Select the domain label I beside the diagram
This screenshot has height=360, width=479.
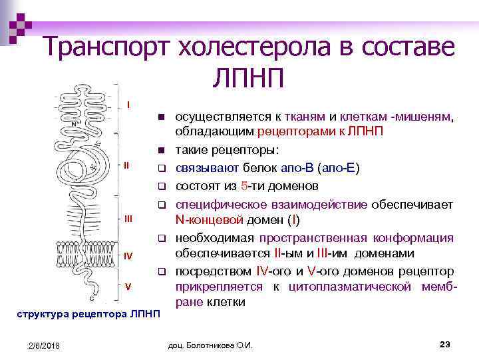128,105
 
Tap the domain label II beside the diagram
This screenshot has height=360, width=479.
127,164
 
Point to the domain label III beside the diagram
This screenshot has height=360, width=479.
128,218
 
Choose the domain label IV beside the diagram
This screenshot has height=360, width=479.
128,255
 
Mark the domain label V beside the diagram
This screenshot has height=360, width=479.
128,286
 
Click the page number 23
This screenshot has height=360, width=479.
446,343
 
